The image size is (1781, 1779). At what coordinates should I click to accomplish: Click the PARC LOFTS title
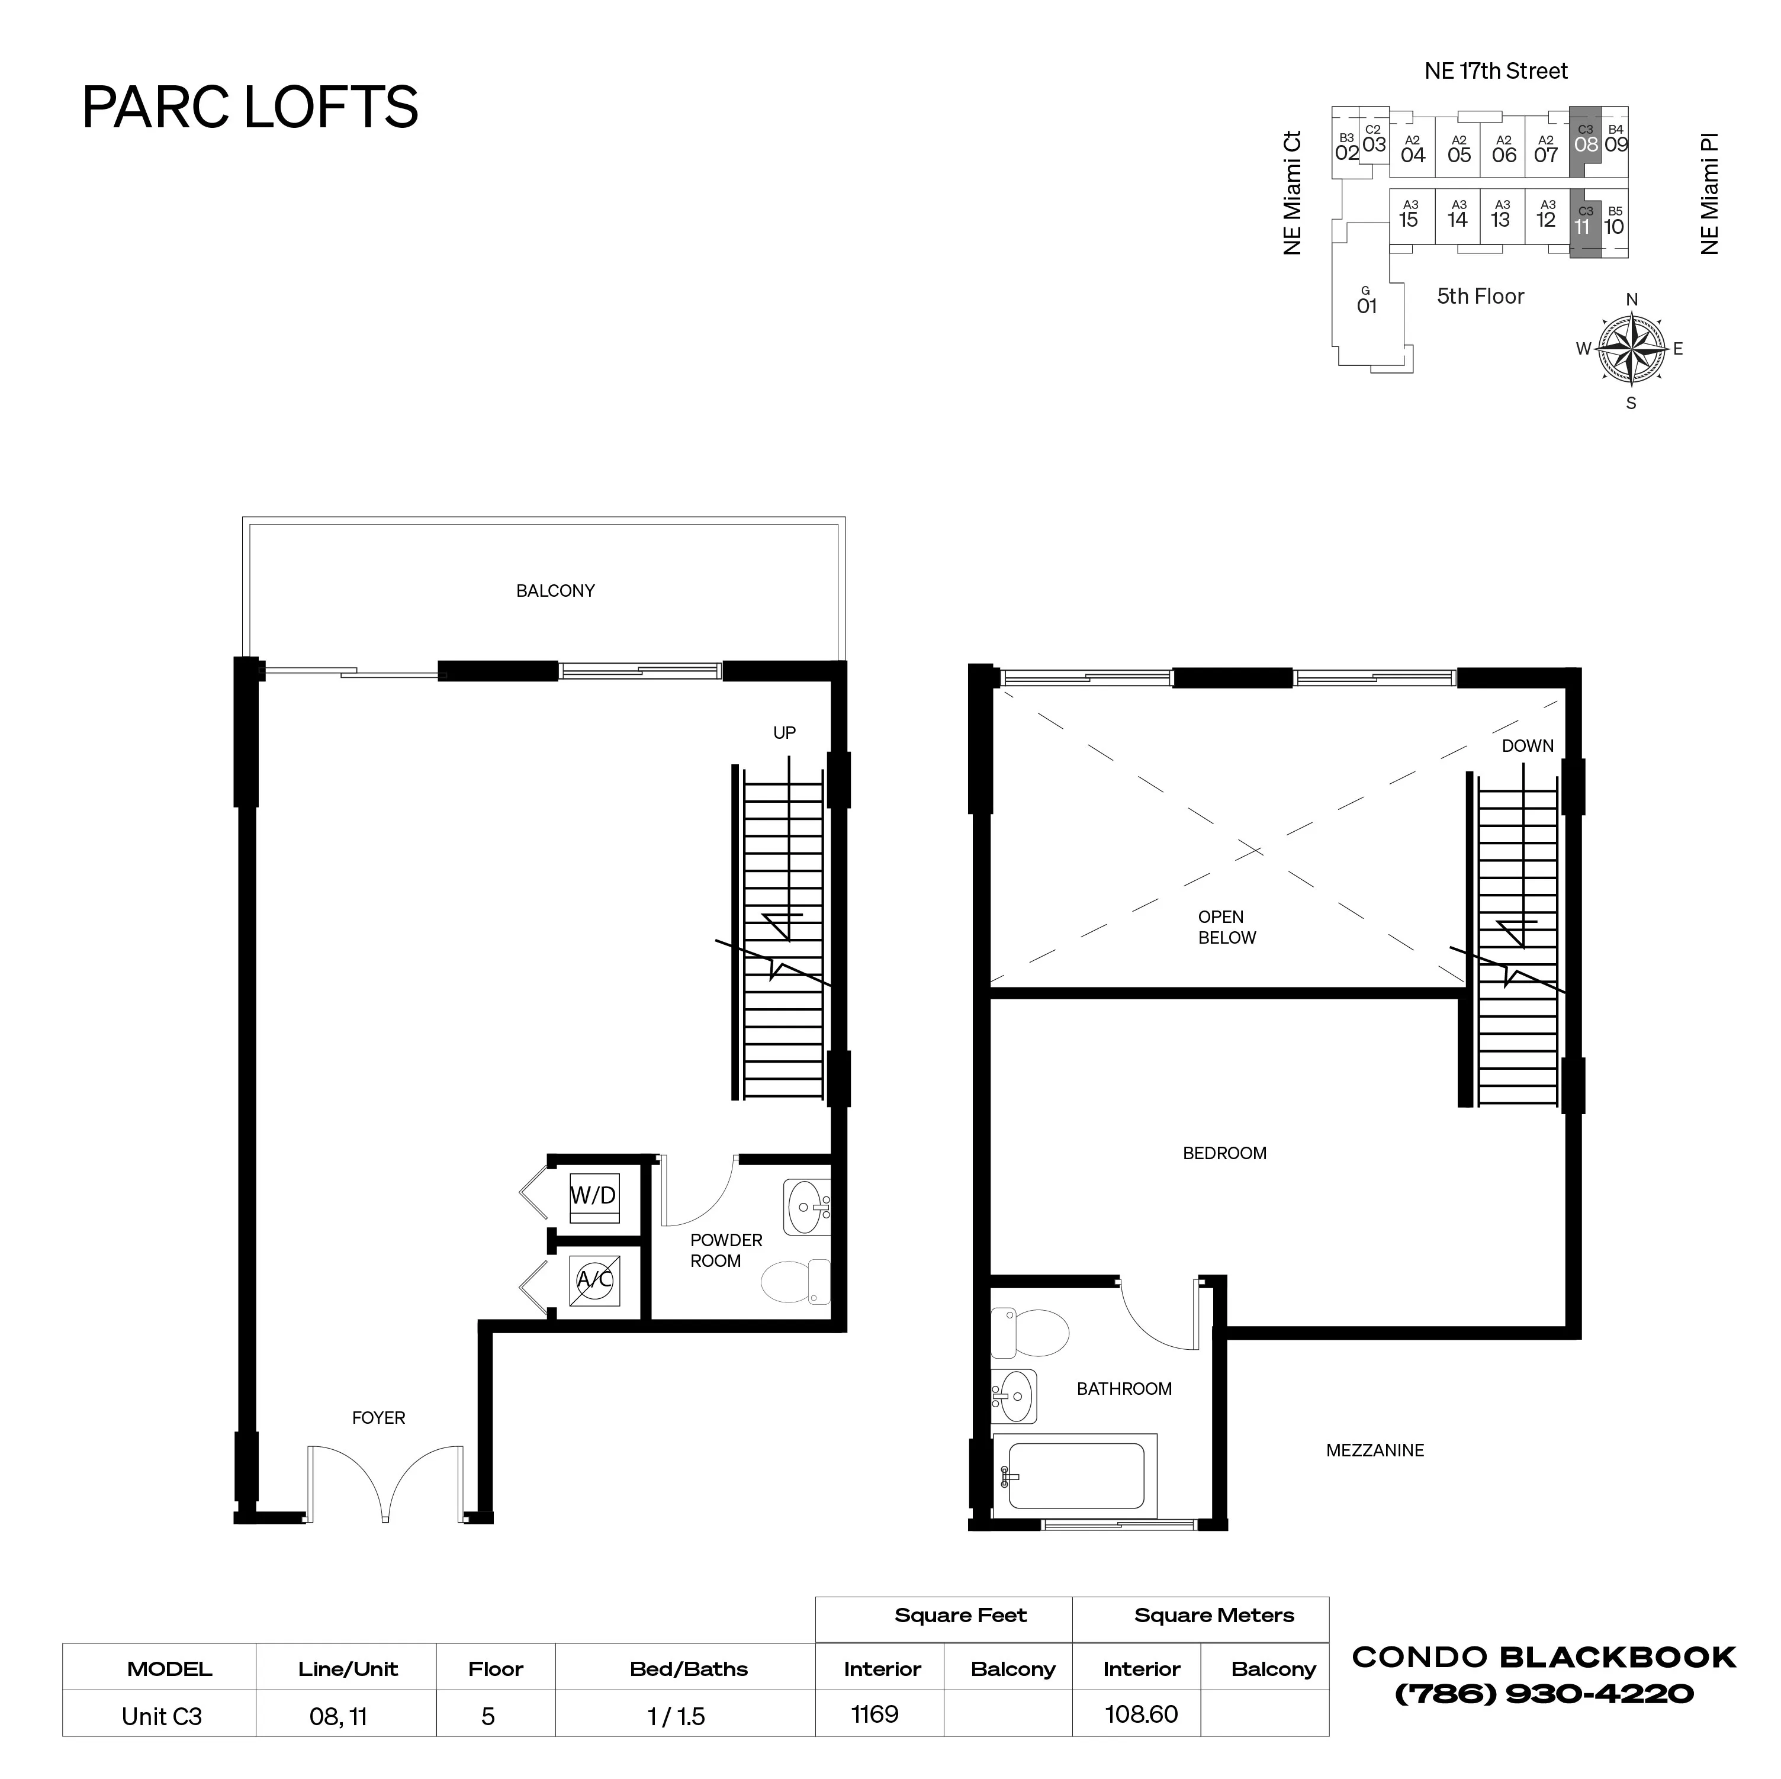click(x=250, y=107)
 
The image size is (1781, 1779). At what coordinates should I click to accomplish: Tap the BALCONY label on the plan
click(x=555, y=591)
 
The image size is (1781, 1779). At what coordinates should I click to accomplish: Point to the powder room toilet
click(x=795, y=1281)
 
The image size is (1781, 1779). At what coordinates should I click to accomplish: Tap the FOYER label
click(x=378, y=1418)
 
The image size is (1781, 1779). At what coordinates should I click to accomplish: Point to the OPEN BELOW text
click(x=1226, y=927)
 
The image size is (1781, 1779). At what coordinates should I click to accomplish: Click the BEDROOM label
click(x=1224, y=1153)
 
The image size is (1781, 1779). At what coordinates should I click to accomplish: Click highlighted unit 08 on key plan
click(x=1586, y=144)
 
